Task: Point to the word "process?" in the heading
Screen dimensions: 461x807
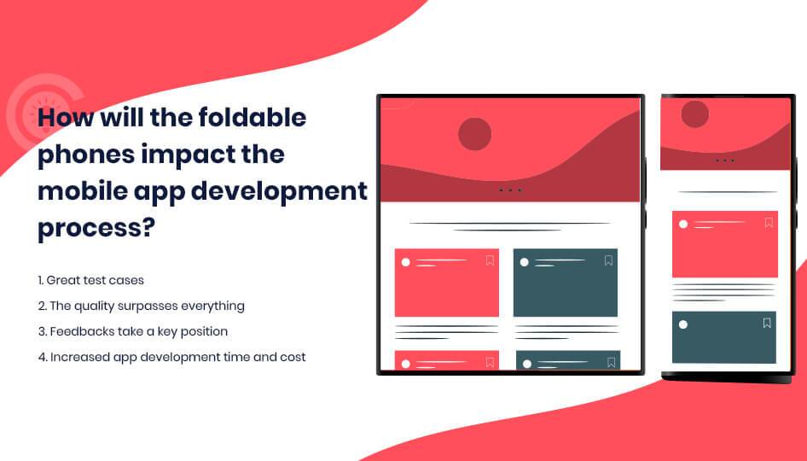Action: point(96,228)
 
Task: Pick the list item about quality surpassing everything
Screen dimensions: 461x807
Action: point(141,306)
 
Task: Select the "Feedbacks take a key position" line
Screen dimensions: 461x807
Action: point(132,331)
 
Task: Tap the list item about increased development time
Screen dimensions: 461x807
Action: point(171,357)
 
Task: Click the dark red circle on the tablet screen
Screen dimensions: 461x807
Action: point(474,134)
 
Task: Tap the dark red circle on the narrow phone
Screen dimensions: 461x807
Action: point(694,114)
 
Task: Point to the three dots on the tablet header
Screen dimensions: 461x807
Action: point(509,190)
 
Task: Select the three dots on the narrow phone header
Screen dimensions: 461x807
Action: point(724,160)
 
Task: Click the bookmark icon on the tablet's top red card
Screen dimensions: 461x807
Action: point(490,260)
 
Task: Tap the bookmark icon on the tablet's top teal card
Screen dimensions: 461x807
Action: point(608,260)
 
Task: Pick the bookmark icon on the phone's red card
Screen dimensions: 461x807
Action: point(769,223)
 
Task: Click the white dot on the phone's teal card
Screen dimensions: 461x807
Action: point(682,324)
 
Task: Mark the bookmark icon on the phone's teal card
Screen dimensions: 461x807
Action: point(767,323)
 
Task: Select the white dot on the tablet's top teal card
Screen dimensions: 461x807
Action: point(524,262)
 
